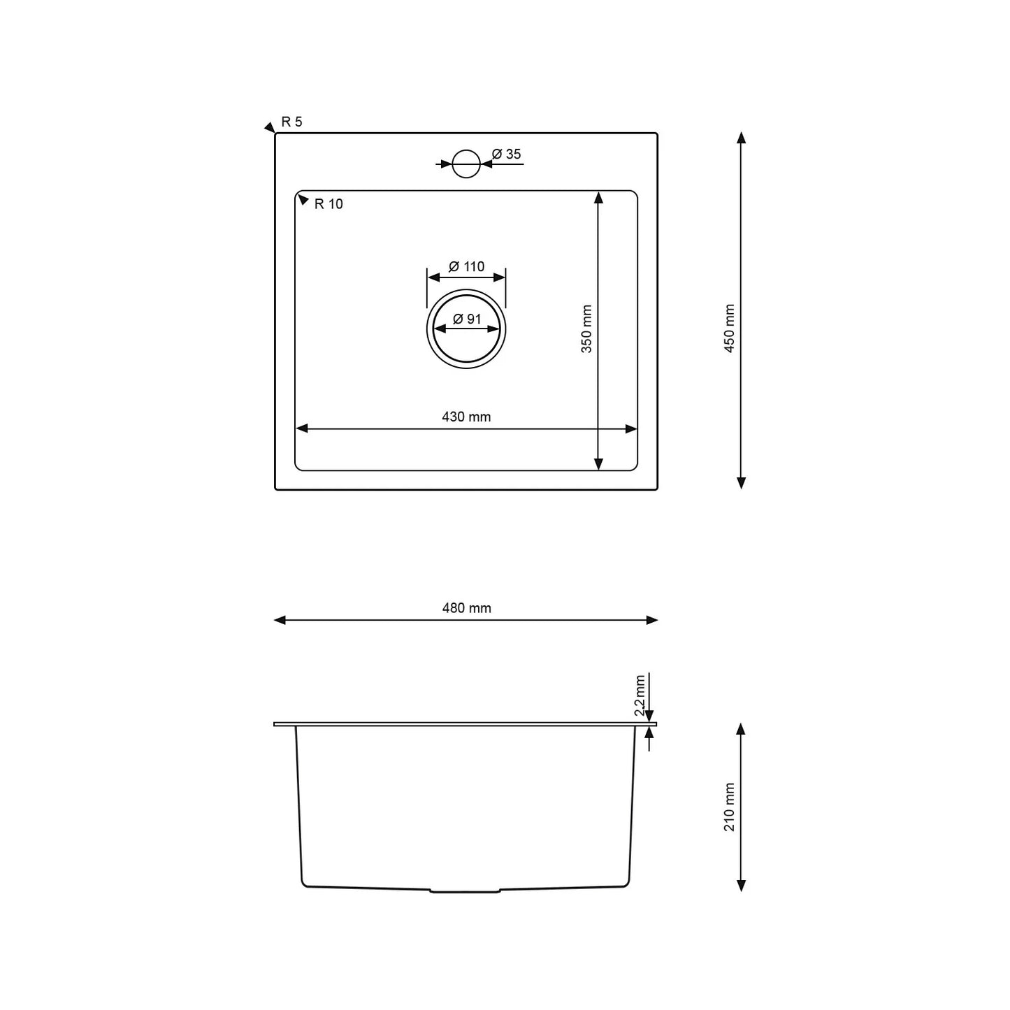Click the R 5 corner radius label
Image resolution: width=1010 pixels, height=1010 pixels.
click(292, 122)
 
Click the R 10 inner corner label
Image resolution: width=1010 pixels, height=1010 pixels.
click(328, 204)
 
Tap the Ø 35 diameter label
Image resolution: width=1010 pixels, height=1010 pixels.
click(506, 154)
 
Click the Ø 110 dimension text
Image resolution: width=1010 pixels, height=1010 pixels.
click(466, 267)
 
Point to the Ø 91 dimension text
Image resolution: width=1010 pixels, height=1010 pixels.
click(466, 319)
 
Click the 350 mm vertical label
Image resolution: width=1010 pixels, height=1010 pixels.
click(586, 329)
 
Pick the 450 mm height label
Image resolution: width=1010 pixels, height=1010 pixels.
click(729, 328)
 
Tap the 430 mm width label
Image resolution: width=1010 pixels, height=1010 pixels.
click(466, 417)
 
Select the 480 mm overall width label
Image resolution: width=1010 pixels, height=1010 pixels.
click(466, 608)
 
